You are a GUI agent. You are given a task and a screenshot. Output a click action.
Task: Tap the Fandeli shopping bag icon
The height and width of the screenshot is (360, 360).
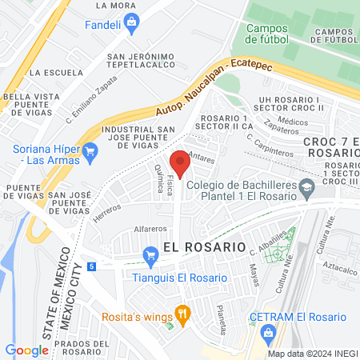130,25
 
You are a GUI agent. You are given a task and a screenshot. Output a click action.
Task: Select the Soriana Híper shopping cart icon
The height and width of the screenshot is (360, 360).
90,149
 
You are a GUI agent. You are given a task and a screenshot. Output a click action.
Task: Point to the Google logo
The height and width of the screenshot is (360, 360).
26,350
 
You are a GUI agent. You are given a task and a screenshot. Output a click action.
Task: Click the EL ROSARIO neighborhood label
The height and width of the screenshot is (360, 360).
204,247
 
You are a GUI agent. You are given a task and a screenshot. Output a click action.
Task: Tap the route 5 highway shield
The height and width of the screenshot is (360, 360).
94,266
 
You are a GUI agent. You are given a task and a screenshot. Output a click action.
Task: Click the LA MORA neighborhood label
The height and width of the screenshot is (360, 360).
115,5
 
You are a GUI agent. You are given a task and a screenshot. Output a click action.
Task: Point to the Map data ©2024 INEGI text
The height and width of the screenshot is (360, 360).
311,354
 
